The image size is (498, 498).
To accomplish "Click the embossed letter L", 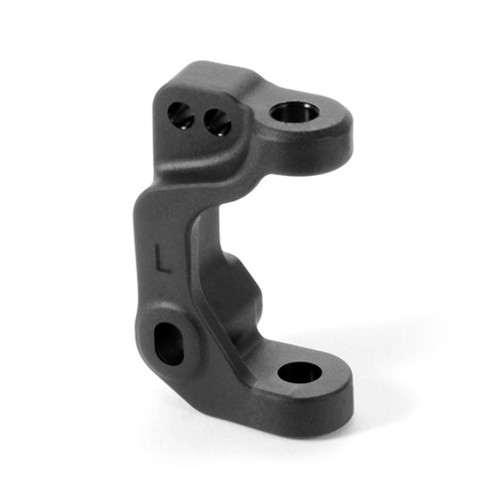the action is [162, 260].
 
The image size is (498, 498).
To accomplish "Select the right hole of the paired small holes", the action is [218, 122].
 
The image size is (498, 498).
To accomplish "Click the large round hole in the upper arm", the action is [295, 112].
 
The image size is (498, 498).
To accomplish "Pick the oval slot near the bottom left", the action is [169, 344].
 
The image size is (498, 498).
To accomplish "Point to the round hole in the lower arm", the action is [299, 372].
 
